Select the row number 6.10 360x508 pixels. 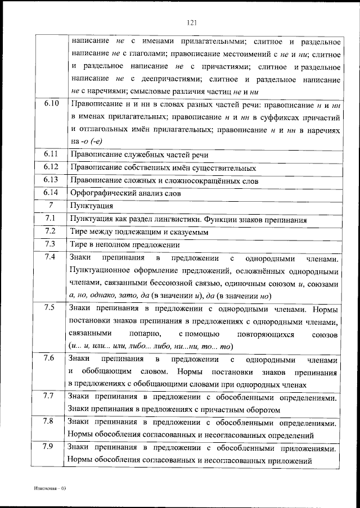coord(51,104)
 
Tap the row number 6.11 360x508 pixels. coord(51,154)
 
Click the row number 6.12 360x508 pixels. coord(51,167)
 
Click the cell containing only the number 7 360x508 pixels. coord(51,206)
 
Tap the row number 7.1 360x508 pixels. coord(51,219)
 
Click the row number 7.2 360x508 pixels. coord(51,232)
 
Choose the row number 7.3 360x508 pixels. coord(51,244)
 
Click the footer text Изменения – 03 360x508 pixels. coord(49,488)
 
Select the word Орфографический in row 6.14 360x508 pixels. coord(102,193)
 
